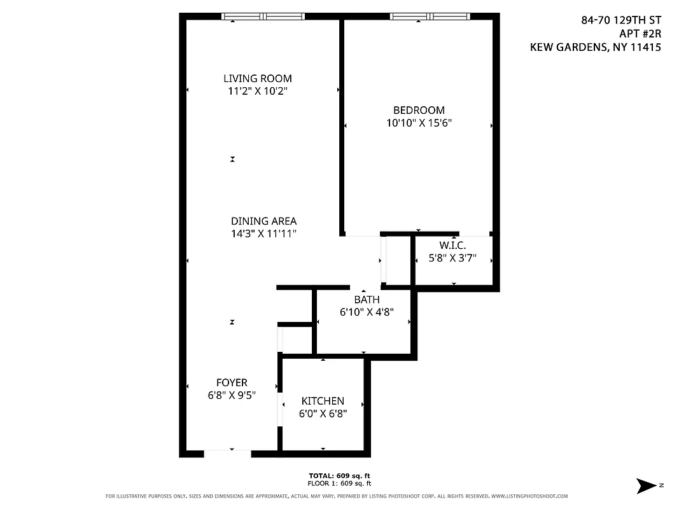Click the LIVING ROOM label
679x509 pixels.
pos(258,78)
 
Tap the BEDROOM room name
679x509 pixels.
pos(419,110)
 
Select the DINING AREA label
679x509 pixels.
pos(263,221)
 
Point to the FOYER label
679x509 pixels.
pos(232,382)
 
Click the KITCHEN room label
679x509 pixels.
pos(323,401)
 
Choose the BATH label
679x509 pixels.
pos(367,300)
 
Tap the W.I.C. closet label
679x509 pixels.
pos(452,246)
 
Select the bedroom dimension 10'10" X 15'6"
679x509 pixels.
pos(419,123)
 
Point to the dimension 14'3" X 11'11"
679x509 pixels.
pos(263,234)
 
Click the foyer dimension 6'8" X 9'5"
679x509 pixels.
pos(232,395)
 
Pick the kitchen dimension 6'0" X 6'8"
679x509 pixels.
pos(323,414)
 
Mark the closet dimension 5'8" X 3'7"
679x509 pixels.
pos(452,259)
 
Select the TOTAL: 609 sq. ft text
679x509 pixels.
pos(339,475)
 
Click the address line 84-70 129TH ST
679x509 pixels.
pos(620,20)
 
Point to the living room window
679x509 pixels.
pos(263,17)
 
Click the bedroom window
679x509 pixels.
pos(430,17)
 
